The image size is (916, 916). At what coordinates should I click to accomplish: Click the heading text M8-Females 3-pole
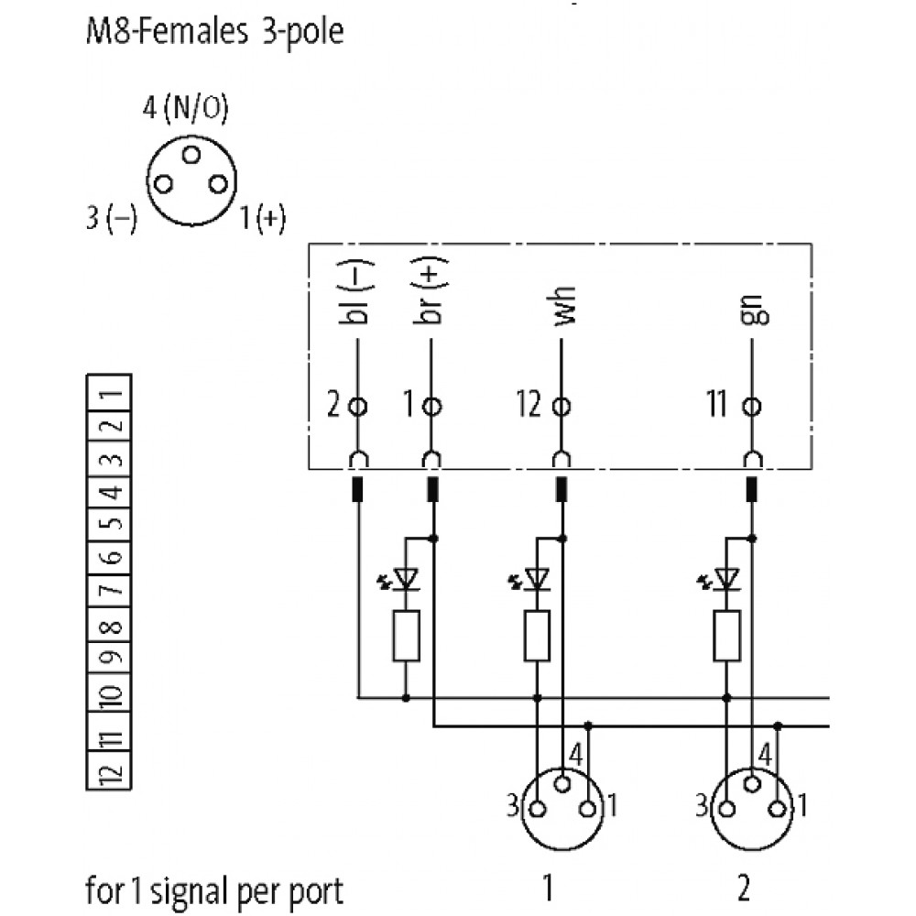point(214,34)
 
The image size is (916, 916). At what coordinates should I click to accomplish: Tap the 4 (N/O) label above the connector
point(185,109)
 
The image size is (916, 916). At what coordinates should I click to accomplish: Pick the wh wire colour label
point(564,311)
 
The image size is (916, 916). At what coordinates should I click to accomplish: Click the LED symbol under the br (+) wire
point(405,578)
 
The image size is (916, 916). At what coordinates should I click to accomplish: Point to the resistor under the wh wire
point(538,635)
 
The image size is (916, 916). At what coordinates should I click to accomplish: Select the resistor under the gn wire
point(726,635)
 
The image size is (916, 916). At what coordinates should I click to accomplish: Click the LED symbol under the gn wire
point(726,578)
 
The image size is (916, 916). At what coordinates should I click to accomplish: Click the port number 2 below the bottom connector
point(744,887)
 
